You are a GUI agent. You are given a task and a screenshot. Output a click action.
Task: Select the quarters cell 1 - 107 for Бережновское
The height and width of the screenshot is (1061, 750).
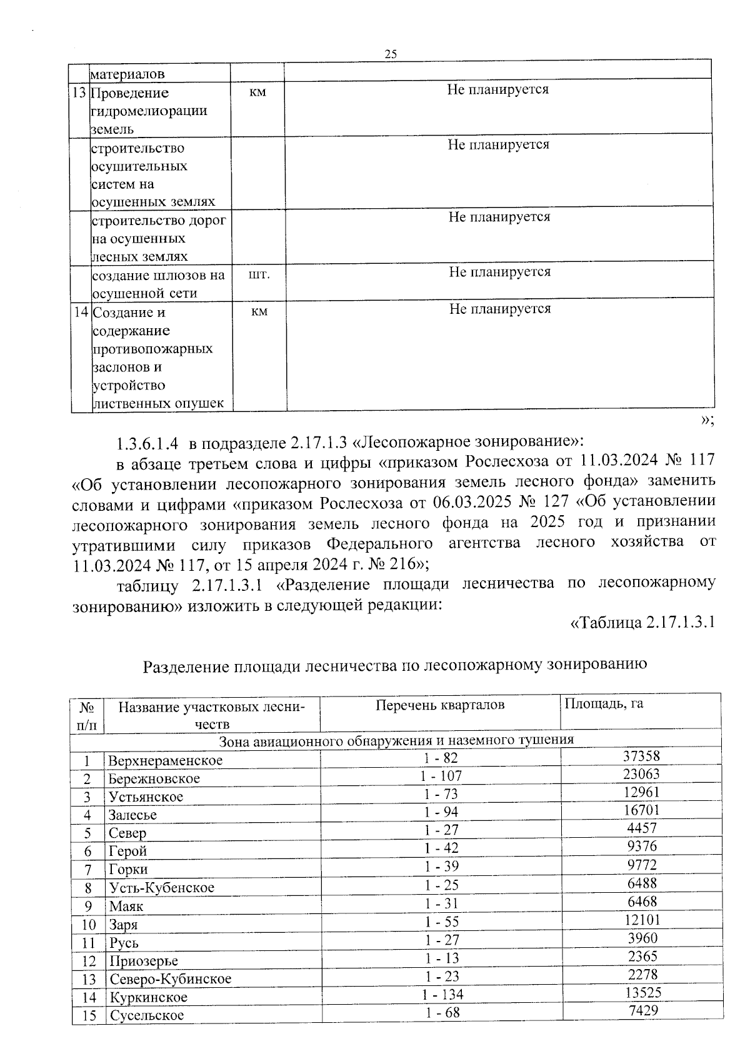click(441, 776)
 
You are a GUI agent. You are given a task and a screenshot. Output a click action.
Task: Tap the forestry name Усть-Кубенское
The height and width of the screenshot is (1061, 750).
click(161, 888)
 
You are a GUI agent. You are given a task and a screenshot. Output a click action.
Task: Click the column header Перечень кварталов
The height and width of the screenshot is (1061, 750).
click(440, 705)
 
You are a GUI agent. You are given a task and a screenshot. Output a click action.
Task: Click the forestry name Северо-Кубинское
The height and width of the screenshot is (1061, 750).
click(170, 979)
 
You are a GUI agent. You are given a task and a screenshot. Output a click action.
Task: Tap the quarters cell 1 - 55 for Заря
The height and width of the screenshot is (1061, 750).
click(441, 922)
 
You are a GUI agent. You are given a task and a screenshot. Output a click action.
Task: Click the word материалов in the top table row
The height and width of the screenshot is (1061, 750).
click(128, 74)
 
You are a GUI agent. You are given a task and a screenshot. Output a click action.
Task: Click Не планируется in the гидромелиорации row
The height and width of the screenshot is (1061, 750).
click(497, 89)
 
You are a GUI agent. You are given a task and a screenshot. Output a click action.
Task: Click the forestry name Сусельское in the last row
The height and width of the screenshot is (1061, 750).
click(147, 1015)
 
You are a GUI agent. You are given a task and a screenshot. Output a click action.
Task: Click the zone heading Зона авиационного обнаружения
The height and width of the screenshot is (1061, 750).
click(396, 740)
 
